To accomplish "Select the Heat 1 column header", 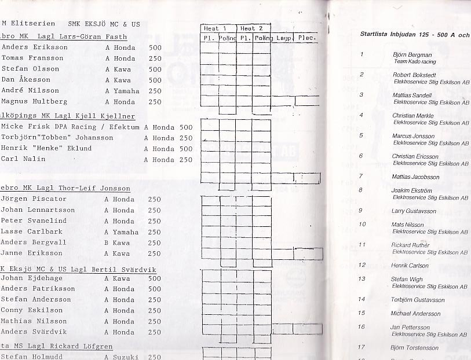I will click(x=216, y=28).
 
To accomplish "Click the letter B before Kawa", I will click(x=107, y=243).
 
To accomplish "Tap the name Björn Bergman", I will click(x=412, y=55).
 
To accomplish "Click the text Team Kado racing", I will click(x=415, y=61).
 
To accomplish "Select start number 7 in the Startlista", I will click(x=361, y=176).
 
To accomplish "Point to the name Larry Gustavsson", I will click(x=414, y=211).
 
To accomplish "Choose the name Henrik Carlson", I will click(x=410, y=266).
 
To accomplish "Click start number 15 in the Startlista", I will click(x=362, y=313).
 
